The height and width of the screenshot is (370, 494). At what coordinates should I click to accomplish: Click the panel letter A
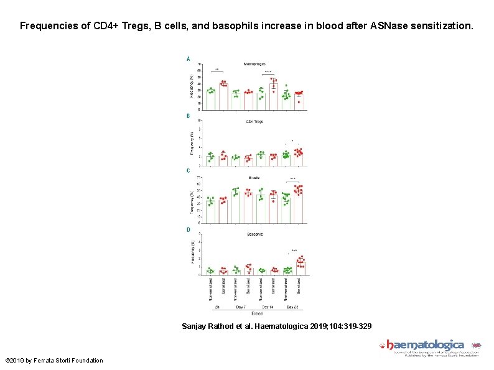189,58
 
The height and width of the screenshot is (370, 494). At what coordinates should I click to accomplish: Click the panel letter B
189,116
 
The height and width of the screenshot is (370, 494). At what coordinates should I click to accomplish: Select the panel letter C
189,170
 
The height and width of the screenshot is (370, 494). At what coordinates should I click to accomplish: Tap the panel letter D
189,229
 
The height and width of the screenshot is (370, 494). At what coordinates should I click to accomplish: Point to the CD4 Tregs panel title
254,121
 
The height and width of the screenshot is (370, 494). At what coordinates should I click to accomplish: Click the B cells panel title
254,177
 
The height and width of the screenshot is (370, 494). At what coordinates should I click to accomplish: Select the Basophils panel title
254,234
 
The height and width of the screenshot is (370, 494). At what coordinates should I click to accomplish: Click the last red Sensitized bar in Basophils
300,268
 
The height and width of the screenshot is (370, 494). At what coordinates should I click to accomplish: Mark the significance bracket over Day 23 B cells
293,181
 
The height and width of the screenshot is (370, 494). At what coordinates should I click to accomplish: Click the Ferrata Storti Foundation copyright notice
54,361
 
